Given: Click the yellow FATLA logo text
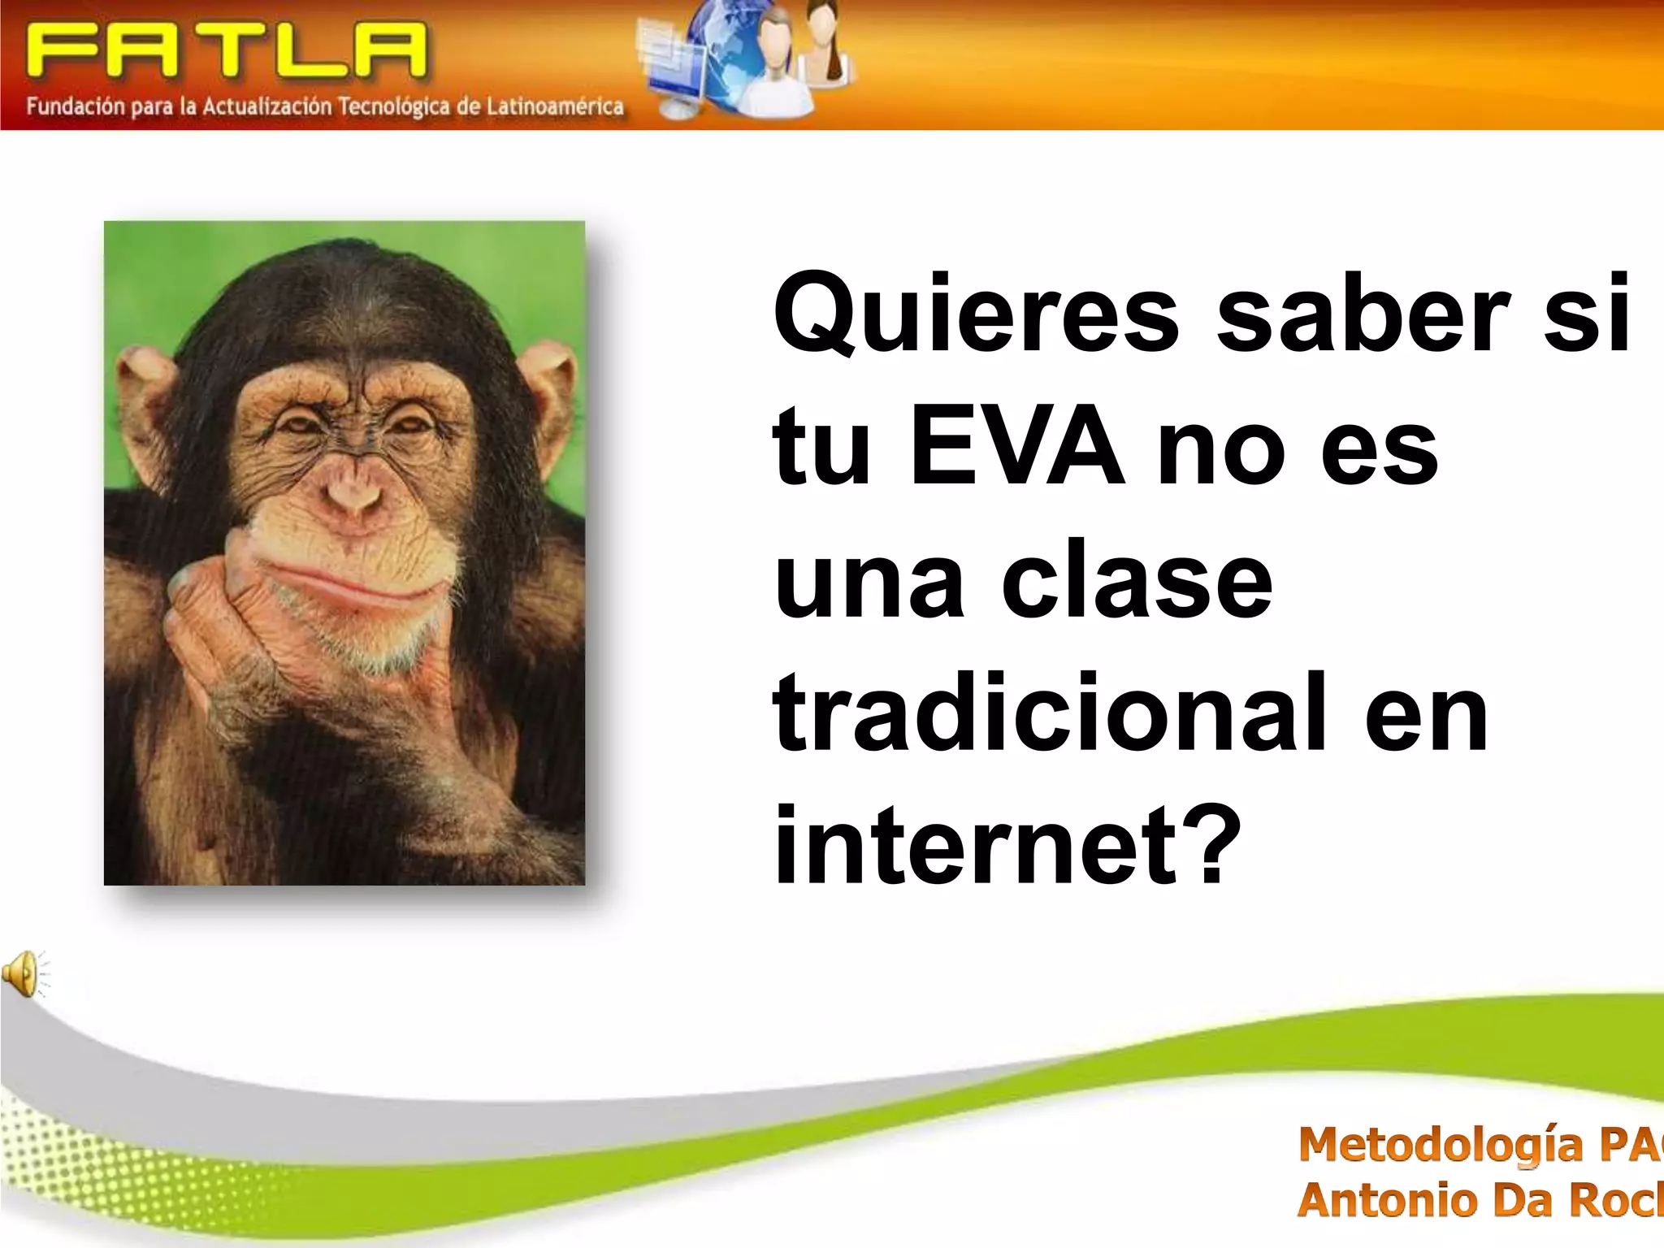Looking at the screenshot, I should pos(226,50).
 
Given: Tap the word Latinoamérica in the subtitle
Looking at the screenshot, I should pos(555,106).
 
